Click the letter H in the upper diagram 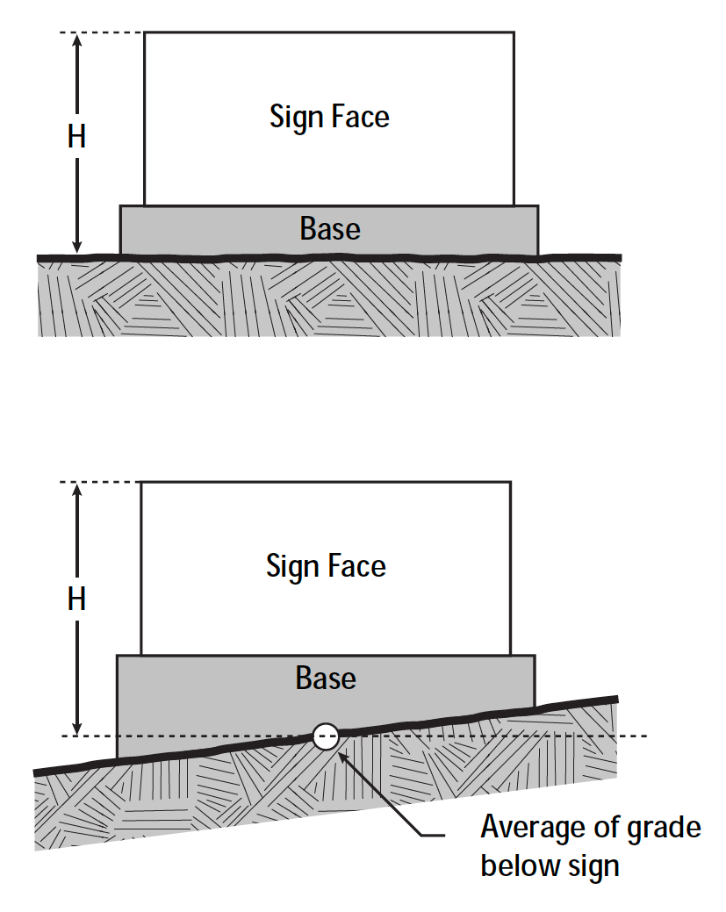click(76, 137)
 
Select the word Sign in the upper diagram click(296, 117)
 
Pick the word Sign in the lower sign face click(292, 567)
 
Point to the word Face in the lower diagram click(356, 566)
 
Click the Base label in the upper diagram click(330, 229)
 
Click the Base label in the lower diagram click(326, 679)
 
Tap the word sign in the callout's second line click(593, 867)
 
